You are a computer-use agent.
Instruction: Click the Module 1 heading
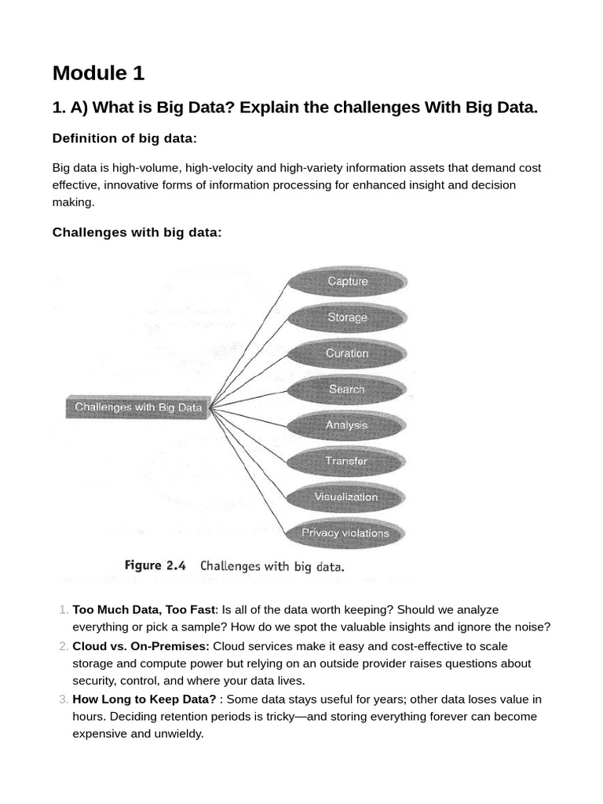click(x=98, y=73)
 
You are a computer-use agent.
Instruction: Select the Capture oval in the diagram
click(x=347, y=281)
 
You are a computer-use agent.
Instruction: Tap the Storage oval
click(x=347, y=317)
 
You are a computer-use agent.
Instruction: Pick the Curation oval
click(x=347, y=353)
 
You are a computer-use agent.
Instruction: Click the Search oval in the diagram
click(x=347, y=389)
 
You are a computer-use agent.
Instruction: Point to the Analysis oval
click(x=347, y=425)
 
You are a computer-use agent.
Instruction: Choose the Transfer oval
click(x=346, y=461)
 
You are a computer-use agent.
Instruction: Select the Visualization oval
click(x=346, y=497)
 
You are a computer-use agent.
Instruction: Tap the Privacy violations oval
click(x=345, y=533)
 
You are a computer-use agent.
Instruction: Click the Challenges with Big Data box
click(x=138, y=407)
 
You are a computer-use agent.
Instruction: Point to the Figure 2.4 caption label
click(x=154, y=565)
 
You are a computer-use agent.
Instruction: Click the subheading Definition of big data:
click(x=124, y=138)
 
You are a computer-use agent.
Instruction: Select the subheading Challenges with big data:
click(x=137, y=232)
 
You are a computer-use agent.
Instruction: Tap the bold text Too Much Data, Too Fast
click(x=144, y=609)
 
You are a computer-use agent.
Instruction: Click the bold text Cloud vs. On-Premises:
click(x=141, y=646)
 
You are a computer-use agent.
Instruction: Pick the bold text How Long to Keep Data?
click(x=144, y=699)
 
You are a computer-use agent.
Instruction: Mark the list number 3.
click(x=63, y=699)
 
